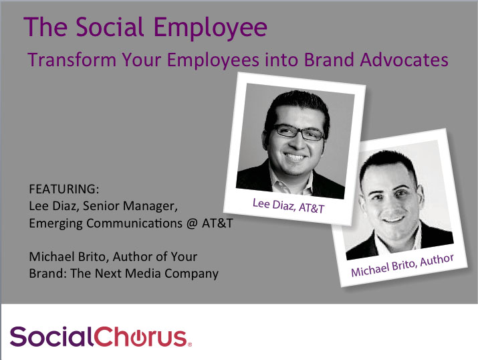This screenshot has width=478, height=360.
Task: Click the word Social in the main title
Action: pos(110,27)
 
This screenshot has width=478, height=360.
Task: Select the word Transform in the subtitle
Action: pos(72,60)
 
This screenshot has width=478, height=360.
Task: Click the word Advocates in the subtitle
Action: pos(404,60)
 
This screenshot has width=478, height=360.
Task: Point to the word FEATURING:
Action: pos(64,189)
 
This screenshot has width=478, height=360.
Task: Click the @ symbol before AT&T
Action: pos(192,223)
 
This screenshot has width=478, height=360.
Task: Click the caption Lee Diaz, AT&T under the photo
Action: pos(288,206)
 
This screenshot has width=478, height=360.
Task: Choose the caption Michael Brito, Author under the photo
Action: pos(402,265)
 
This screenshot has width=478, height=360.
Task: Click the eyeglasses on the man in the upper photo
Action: pos(299,132)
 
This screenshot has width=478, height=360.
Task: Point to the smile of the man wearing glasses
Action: pos(295,157)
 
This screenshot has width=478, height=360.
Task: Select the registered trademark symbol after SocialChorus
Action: pos(190,345)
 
